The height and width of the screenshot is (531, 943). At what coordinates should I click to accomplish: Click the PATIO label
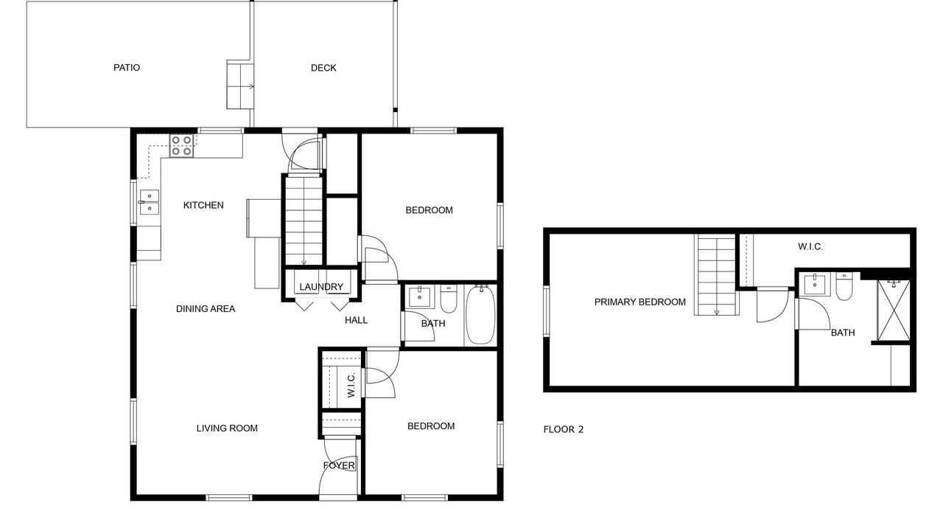127,68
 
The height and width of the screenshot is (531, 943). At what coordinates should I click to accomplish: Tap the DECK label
323,68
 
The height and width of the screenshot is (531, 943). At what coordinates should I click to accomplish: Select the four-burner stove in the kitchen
182,146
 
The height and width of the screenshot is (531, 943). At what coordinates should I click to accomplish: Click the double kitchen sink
150,202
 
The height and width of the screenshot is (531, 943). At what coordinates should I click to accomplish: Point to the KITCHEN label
203,205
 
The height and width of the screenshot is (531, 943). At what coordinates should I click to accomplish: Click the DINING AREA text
206,309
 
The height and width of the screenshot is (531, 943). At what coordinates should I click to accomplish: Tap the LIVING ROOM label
227,428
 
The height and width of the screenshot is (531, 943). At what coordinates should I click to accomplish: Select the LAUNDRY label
321,287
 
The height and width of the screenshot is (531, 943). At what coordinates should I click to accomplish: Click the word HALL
356,320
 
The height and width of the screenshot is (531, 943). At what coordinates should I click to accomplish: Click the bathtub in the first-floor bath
480,315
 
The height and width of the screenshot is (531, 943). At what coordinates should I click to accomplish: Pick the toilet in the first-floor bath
449,299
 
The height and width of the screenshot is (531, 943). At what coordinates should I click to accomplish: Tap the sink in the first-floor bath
419,296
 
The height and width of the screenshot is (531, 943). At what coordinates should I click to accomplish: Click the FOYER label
339,465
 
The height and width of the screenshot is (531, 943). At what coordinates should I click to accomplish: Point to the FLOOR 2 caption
564,429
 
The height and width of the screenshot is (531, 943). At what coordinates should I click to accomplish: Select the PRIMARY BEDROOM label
640,302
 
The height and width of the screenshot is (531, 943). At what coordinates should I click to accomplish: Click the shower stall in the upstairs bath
894,310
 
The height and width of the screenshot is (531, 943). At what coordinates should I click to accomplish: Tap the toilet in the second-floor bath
844,287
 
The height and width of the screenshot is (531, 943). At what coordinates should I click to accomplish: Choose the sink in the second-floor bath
815,284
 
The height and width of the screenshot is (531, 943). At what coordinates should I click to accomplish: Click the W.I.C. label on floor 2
810,247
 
